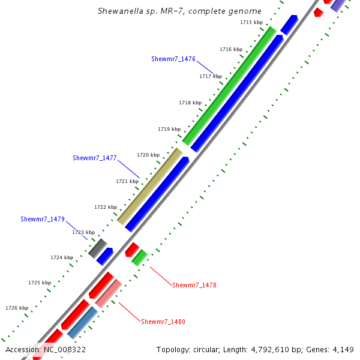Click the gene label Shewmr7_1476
click(x=173, y=59)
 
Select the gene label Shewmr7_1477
click(x=95, y=158)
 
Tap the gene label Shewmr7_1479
click(x=43, y=220)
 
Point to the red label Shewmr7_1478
click(x=194, y=285)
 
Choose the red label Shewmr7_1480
click(x=163, y=322)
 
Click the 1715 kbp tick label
click(x=251, y=22)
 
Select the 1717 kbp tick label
click(x=211, y=77)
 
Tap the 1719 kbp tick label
click(x=169, y=129)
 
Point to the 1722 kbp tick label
click(x=106, y=207)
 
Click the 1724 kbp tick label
click(x=62, y=257)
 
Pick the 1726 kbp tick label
click(x=17, y=308)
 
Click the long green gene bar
click(x=230, y=86)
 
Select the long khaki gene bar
click(x=150, y=186)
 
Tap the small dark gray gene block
click(x=97, y=248)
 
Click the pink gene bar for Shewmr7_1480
click(x=109, y=293)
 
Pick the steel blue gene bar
click(x=83, y=323)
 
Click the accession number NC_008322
click(x=64, y=349)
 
